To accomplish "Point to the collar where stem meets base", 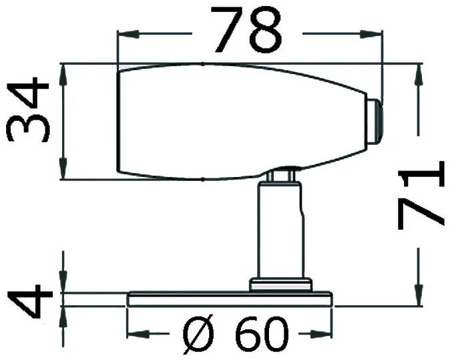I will tap(281, 285).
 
